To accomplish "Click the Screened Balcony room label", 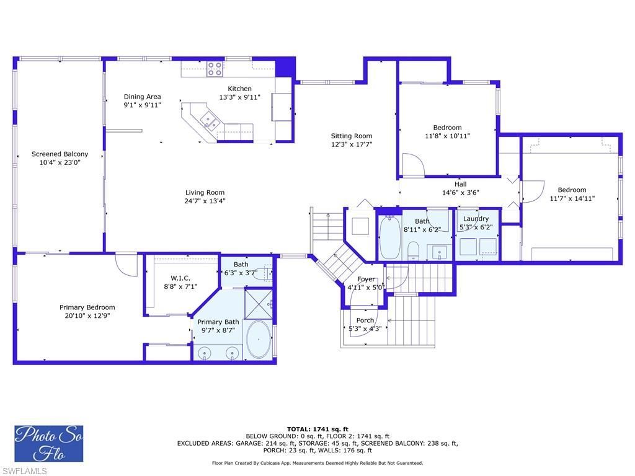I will [60, 154].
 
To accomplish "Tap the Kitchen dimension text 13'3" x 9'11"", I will [239, 97].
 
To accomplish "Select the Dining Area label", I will [142, 97].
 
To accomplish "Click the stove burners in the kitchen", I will [215, 68].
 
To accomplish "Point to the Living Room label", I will [205, 193].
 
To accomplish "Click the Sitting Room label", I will [351, 136].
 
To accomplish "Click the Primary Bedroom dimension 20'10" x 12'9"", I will [87, 315].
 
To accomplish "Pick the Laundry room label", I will [476, 219].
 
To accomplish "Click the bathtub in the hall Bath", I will [390, 237].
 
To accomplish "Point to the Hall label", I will [460, 184].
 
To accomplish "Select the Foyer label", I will [366, 280].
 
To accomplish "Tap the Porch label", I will [365, 320].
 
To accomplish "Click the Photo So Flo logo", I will [49, 443].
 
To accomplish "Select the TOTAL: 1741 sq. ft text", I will [317, 429].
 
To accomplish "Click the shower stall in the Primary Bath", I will [259, 302].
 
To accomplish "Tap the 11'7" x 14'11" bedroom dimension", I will [572, 199].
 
